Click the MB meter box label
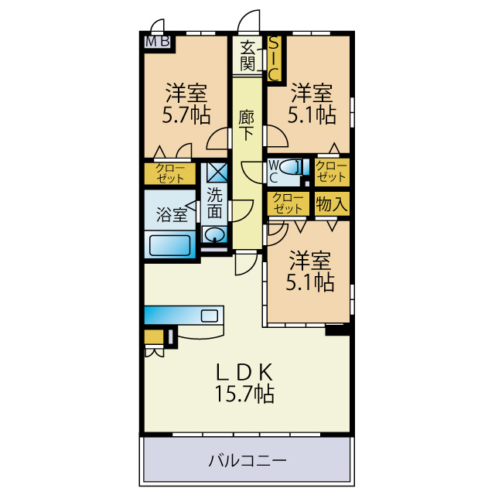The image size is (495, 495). coord(158,42)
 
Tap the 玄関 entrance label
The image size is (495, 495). coord(247,56)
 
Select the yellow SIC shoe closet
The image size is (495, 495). coord(274,59)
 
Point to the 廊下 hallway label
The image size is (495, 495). coord(246,125)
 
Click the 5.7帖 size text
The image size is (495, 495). coord(186,115)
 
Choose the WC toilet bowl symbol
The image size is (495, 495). coord(288,166)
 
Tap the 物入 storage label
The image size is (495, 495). coord(332,204)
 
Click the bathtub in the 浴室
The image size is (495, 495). coord(170,245)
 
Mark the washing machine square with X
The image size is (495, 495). coord(217,172)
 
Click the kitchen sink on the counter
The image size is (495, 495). coord(210,316)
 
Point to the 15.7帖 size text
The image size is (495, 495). coord(244,394)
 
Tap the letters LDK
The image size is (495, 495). coord(244,373)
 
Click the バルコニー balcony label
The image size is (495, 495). coord(247,461)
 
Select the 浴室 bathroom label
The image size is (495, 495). coord(172,215)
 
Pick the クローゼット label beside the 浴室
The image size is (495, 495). coord(170,173)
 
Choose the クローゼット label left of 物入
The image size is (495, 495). coord(288,203)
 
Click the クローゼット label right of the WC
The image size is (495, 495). coord(332,172)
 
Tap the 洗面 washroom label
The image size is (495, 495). coord(215,203)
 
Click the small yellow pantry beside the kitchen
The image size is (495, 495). coord(154,337)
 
